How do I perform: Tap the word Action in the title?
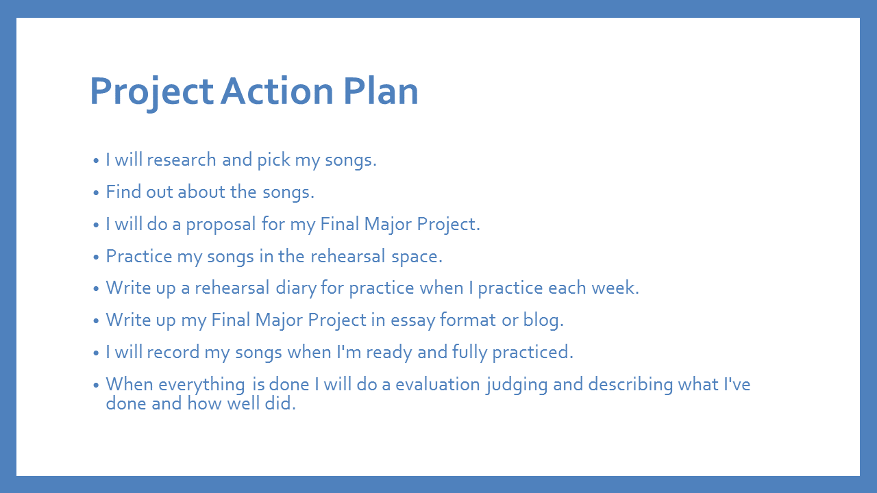click(x=277, y=91)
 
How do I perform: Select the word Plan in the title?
click(x=381, y=91)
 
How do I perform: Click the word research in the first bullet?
click(x=182, y=160)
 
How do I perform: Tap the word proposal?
click(x=221, y=225)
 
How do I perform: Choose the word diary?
click(x=296, y=288)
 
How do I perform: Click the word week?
click(x=615, y=288)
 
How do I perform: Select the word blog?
click(x=543, y=320)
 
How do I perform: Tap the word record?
click(x=173, y=352)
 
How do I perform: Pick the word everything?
click(x=201, y=385)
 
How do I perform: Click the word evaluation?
click(x=438, y=384)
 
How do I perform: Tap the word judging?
click(x=517, y=385)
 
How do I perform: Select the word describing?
click(x=630, y=385)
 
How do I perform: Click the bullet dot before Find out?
click(x=96, y=193)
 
